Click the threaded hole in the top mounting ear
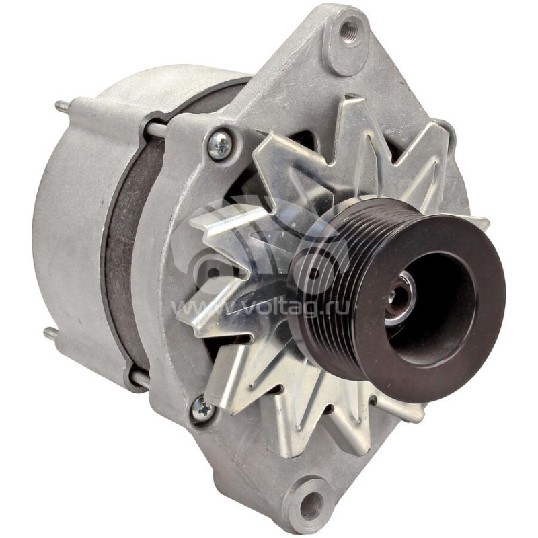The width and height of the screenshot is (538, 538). [x=349, y=29]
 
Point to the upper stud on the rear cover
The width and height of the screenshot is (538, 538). [x=61, y=106]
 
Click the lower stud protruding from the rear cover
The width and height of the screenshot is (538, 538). [x=51, y=333]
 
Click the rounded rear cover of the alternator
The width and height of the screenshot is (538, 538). [x=67, y=222]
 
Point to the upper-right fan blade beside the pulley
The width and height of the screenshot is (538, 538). [x=430, y=155]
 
